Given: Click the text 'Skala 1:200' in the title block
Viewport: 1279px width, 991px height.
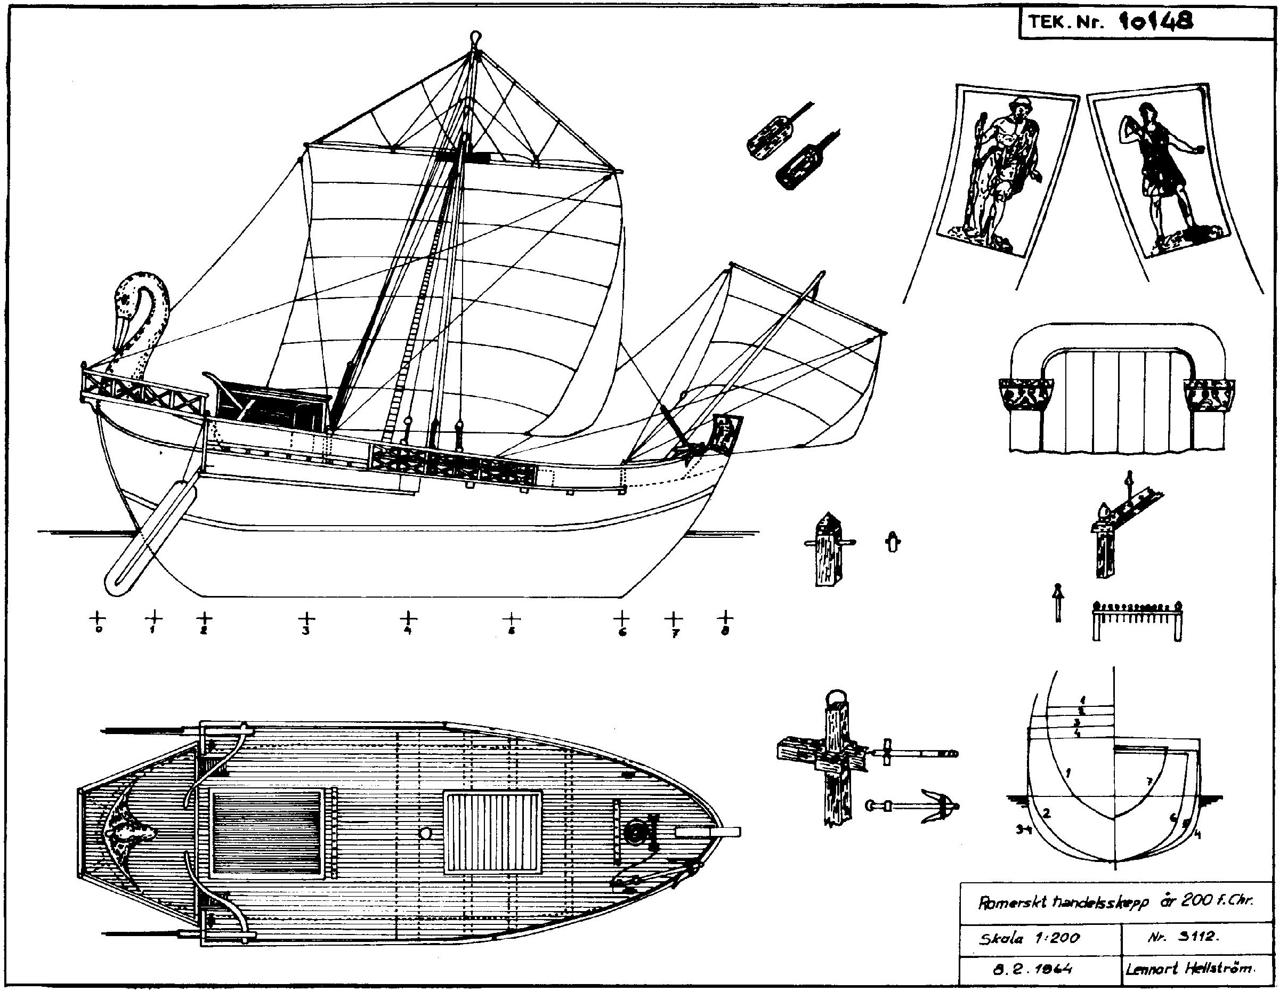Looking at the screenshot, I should point(1030,938).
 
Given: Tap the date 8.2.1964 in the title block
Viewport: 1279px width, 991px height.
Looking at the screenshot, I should point(1032,969).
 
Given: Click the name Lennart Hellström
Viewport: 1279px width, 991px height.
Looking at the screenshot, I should point(1189,969).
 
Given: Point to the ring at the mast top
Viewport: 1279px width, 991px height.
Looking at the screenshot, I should point(475,38).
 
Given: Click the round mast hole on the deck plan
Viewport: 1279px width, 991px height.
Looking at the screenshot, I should point(426,833).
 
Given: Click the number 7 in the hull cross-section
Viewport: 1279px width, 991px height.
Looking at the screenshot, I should point(1149,781).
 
